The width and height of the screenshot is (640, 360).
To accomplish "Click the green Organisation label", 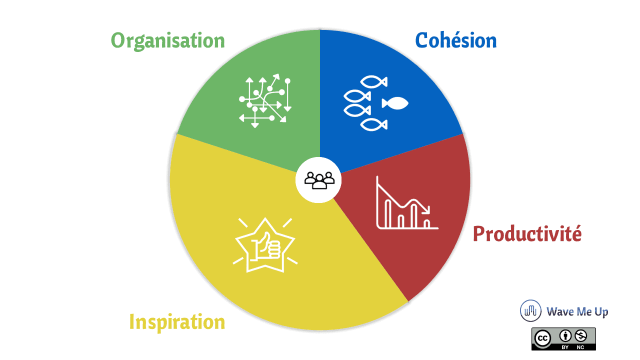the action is [x=167, y=41].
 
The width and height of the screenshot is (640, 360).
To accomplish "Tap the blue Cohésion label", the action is [x=455, y=40].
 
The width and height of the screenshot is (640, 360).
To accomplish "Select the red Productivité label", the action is [x=527, y=233].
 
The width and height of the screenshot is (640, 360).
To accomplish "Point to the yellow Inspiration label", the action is [x=177, y=322].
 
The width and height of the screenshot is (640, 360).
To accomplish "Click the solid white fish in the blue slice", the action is [x=395, y=103].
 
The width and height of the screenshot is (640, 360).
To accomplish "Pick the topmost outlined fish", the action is [x=373, y=81].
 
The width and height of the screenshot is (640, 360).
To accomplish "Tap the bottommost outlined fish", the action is [x=373, y=125].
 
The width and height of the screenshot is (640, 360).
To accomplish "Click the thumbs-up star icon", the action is [x=265, y=245].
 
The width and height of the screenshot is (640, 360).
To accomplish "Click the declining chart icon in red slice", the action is [x=407, y=202].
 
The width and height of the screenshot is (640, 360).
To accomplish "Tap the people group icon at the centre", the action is [x=319, y=180].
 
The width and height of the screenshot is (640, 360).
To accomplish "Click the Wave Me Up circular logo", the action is [x=530, y=310].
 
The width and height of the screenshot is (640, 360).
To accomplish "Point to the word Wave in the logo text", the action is [x=560, y=311].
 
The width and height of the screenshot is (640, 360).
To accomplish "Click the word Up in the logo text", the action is [x=601, y=312].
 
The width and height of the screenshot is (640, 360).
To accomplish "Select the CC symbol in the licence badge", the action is [x=542, y=338].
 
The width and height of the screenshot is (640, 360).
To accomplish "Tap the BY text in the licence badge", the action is [x=565, y=347].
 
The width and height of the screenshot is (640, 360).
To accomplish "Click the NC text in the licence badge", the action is [x=580, y=347].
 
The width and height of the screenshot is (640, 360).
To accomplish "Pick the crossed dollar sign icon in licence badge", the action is [x=581, y=335].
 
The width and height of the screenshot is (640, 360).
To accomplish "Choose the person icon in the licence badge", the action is [x=565, y=335].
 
